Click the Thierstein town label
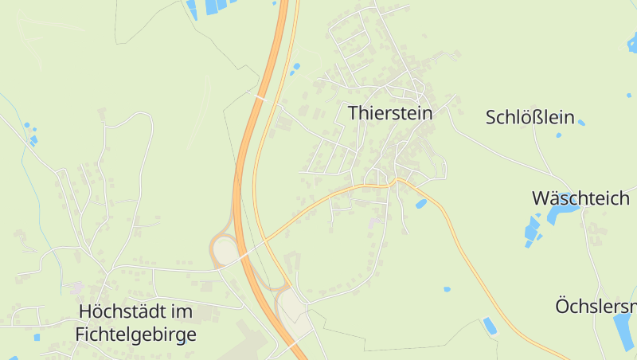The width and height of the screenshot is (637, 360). click(x=390, y=113)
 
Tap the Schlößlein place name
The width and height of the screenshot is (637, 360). click(x=530, y=118)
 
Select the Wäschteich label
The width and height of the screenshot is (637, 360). click(x=580, y=198)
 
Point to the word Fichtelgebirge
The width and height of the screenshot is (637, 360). click(x=135, y=335)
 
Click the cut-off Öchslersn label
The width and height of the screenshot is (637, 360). click(x=596, y=307)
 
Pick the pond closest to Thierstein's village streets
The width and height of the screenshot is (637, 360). click(x=420, y=204)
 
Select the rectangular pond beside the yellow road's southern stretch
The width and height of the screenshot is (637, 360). click(x=490, y=326)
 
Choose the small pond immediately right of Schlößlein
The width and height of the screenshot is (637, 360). click(x=581, y=123)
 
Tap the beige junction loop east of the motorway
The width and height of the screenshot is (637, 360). click(x=291, y=307)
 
